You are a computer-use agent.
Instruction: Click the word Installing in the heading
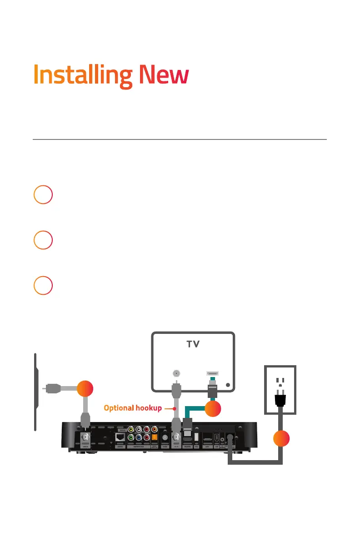83,76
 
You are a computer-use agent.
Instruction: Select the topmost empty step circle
43,195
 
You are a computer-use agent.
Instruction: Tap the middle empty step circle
43,240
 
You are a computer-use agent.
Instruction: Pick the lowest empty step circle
43,286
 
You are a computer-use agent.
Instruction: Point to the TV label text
193,345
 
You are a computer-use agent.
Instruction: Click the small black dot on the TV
228,384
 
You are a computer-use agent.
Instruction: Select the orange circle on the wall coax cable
85,389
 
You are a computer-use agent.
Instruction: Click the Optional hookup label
132,408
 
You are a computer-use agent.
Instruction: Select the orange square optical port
155,438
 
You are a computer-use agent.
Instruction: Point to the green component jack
131,438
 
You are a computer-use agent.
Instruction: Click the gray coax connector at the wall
53,388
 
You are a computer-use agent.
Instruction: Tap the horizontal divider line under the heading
180,139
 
